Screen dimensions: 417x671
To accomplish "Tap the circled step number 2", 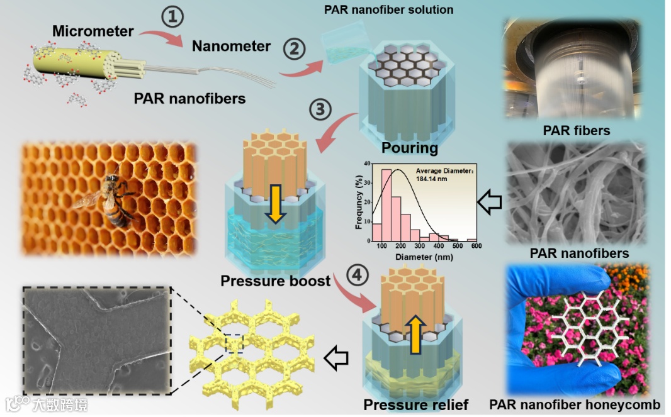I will [x=293, y=48].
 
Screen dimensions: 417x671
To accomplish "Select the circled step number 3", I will [x=321, y=111].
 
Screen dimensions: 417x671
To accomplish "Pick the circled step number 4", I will [x=357, y=276].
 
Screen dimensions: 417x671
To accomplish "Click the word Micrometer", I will [x=93, y=31].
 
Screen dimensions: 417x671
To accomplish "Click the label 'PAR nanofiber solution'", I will [x=388, y=9].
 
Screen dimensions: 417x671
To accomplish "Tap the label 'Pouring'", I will [x=409, y=148].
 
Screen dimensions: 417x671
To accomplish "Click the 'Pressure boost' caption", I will [x=276, y=281].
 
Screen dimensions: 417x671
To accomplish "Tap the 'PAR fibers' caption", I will [x=576, y=131].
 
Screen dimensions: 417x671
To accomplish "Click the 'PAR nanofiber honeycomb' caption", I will [x=575, y=404].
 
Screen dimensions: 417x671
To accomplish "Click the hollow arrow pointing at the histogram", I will [x=489, y=202].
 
